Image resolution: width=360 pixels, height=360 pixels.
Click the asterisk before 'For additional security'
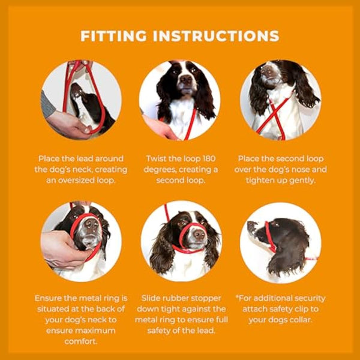[237, 297]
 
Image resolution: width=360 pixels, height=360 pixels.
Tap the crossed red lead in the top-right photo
[274, 118]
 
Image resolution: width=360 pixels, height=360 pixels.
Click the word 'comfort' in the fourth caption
[80, 341]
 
